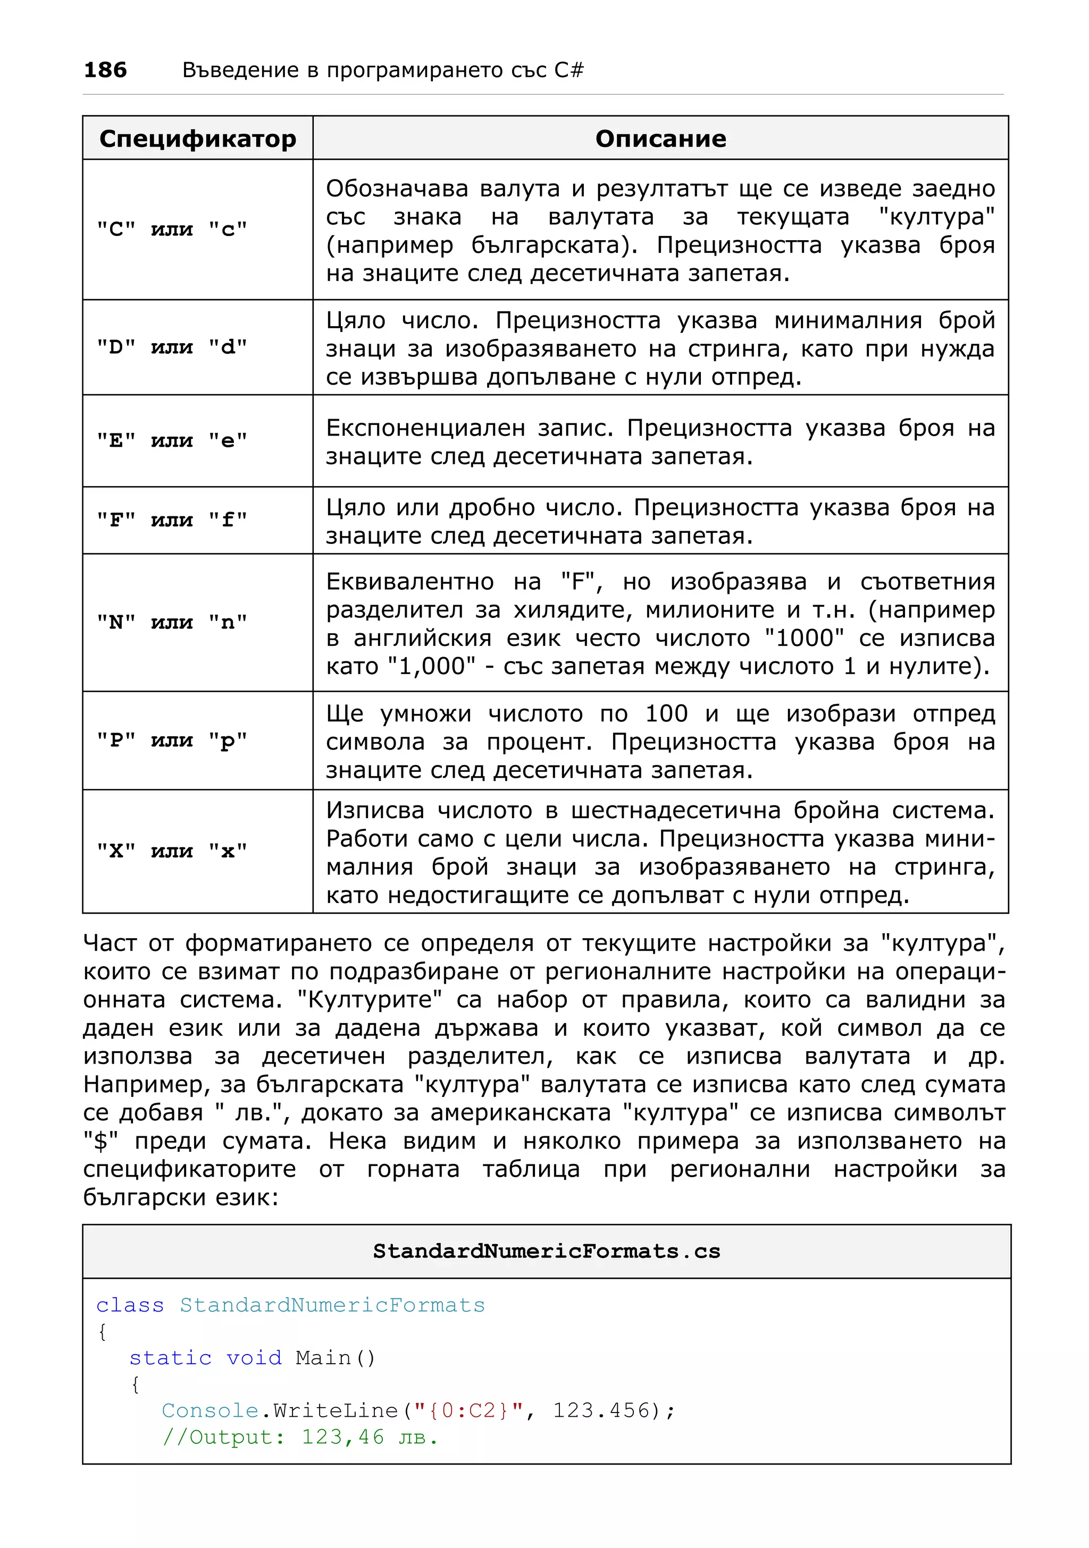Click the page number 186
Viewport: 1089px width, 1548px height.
[105, 70]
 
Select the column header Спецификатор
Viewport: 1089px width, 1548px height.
[198, 139]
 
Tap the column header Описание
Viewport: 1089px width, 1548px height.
[660, 139]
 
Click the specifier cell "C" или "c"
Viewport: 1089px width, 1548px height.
[172, 230]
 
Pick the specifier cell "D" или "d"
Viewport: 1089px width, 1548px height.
[172, 348]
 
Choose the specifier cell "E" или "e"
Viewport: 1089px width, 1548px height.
[172, 441]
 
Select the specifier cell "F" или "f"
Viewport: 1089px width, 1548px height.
[172, 521]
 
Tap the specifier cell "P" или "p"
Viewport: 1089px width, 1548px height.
[172, 741]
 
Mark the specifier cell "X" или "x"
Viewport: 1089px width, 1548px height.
[172, 852]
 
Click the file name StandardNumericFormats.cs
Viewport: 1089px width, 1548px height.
[547, 1252]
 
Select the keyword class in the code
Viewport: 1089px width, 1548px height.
[130, 1305]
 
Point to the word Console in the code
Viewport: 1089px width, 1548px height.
[211, 1410]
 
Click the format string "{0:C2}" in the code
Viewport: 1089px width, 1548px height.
[468, 1410]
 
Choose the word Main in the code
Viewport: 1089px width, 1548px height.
[323, 1358]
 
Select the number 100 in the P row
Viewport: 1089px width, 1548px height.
[667, 713]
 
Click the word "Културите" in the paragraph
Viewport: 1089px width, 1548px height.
[370, 1000]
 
